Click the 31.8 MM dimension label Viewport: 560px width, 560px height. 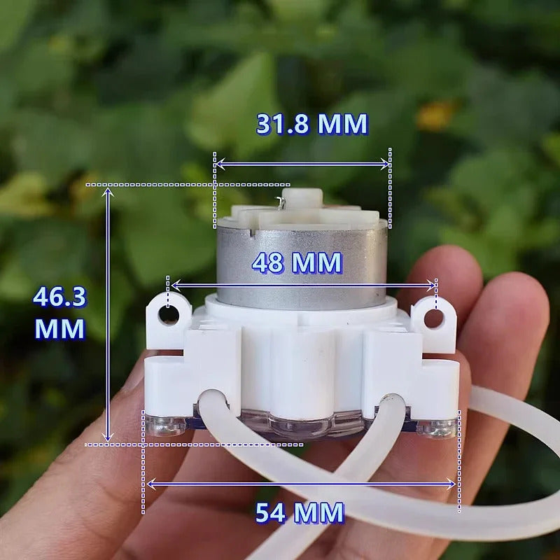(x=311, y=124)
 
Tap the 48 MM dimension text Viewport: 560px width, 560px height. (x=297, y=263)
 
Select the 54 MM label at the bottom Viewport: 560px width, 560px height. (x=300, y=513)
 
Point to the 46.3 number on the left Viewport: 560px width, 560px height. (x=59, y=297)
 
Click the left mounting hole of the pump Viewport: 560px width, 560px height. (x=169, y=314)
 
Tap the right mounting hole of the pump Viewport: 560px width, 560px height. (x=434, y=318)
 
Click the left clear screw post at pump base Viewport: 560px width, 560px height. (x=164, y=424)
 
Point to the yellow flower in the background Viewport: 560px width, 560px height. (x=435, y=116)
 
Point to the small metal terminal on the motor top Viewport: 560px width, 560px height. (x=281, y=202)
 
